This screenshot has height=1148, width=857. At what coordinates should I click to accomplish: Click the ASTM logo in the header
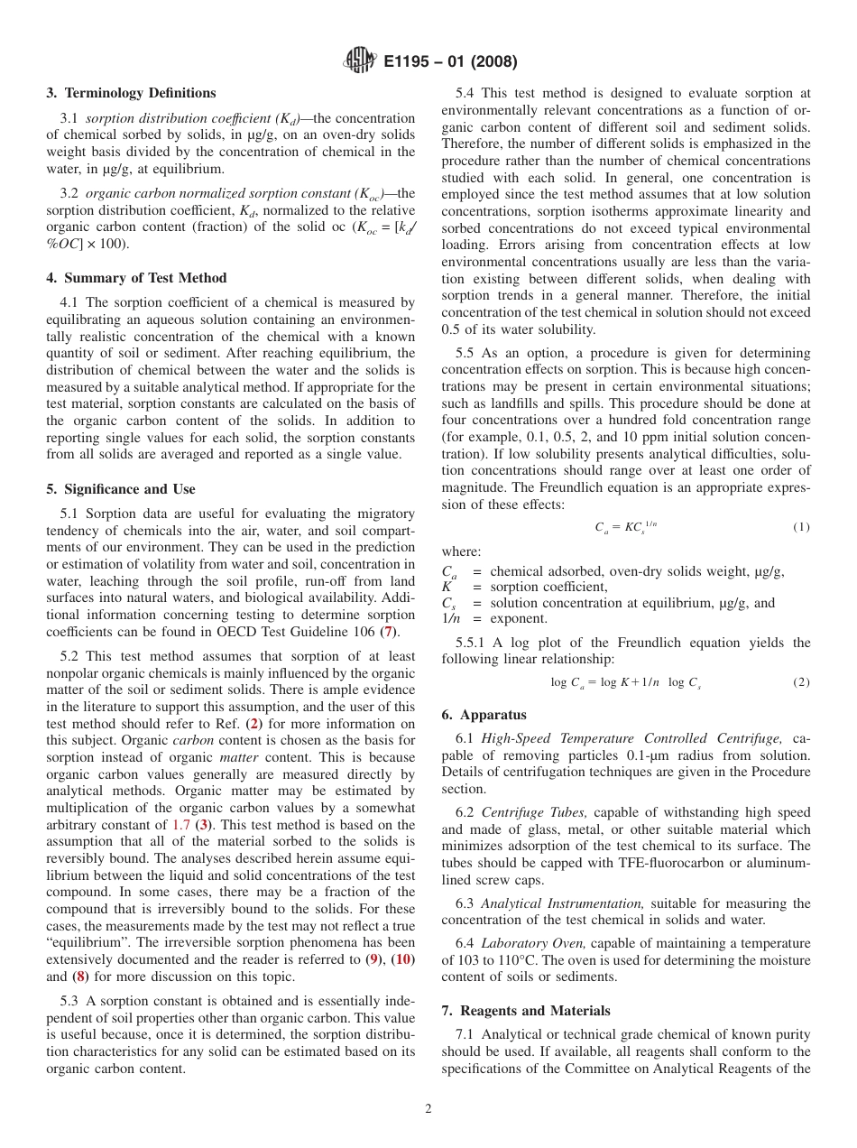(361, 61)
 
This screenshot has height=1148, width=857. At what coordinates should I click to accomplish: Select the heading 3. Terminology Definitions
(131, 93)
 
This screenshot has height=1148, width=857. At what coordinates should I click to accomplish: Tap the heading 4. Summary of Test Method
(136, 278)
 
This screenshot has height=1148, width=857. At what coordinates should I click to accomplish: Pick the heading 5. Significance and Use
(120, 489)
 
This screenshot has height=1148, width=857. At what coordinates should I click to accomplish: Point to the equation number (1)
(801, 527)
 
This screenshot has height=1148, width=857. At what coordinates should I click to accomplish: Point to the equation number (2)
(801, 683)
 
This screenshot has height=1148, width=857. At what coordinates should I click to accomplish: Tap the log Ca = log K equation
(625, 683)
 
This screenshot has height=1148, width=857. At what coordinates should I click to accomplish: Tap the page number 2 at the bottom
(428, 1109)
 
